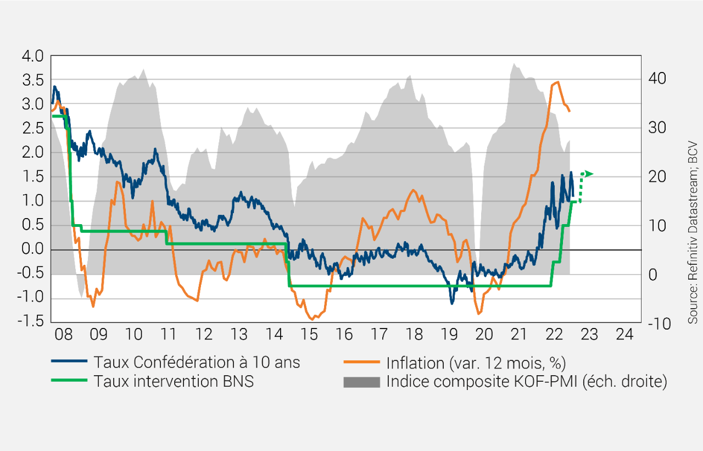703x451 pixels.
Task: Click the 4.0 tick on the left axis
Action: pos(32,56)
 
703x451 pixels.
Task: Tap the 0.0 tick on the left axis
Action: pos(32,250)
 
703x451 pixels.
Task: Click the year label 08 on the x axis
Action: pos(64,335)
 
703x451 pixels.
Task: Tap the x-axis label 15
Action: pos(309,335)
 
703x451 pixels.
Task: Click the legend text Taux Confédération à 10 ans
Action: pos(197,362)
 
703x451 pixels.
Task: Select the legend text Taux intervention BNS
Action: pos(174,381)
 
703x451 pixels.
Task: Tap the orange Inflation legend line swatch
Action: pos(361,362)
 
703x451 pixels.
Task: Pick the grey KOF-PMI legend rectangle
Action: pos(361,382)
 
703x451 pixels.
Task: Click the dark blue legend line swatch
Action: pos(69,362)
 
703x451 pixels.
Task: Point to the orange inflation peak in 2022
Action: pos(558,82)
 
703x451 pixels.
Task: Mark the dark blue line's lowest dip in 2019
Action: pos(451,303)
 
